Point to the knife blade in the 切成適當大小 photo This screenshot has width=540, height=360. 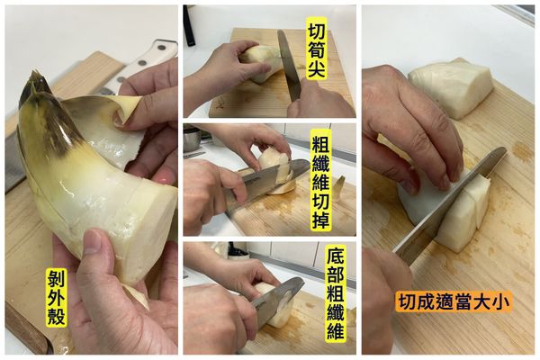(x=450, y=207)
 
